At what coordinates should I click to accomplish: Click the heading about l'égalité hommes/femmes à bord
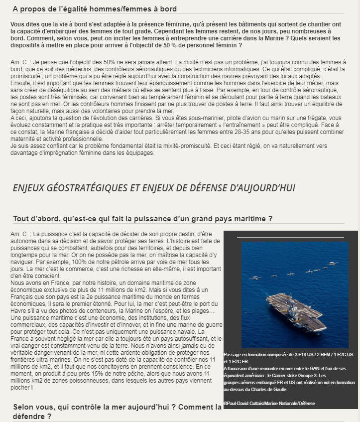coord(95,9)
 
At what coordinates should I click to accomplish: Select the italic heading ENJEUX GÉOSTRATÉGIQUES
coord(154,188)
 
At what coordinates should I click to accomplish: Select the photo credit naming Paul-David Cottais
coord(269,403)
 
